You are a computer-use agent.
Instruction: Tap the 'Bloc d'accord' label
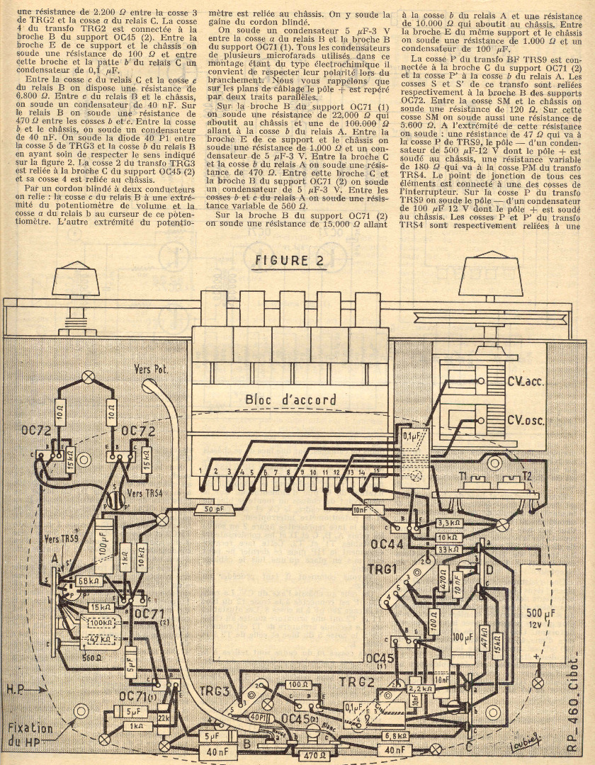(x=290, y=399)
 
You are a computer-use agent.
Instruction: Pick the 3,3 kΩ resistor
(x=450, y=523)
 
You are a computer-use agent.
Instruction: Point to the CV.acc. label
(x=526, y=383)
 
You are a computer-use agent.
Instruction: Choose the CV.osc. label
(x=526, y=419)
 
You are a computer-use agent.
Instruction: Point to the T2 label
(x=526, y=476)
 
